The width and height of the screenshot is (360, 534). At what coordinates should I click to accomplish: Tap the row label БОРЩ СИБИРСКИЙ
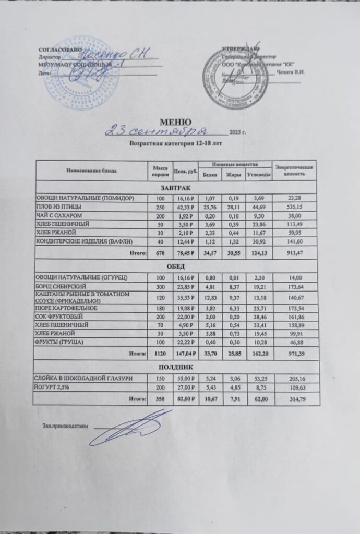click(x=60, y=287)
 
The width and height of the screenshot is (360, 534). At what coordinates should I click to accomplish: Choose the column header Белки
click(x=211, y=175)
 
